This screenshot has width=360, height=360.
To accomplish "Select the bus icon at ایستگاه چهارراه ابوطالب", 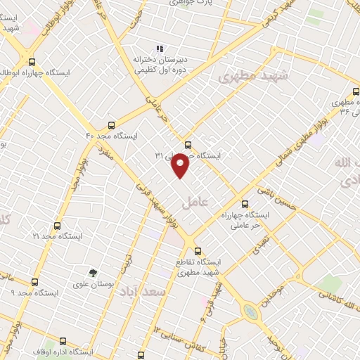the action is tap(31, 61).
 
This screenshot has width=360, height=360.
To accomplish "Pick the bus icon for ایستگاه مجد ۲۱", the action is tap(57, 226).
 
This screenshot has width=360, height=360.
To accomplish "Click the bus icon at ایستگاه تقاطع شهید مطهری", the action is tap(197, 250).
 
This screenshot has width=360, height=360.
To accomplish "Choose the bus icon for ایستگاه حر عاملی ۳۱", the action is tap(186, 146).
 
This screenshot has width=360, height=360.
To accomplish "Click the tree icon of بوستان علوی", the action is tap(91, 273).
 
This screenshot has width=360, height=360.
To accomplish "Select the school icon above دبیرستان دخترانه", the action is tap(160, 49).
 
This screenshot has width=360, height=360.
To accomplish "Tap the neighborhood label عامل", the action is tap(196, 202).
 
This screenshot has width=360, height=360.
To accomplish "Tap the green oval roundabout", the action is tap(249, 309).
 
